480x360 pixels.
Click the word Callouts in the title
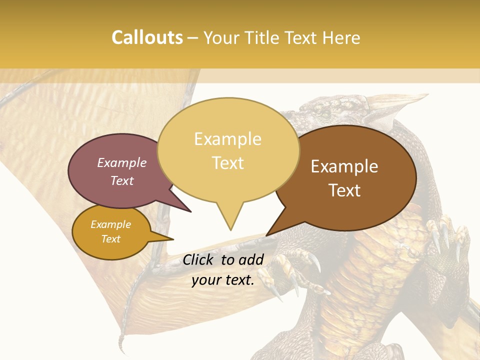(147, 37)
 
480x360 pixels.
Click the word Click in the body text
(199, 259)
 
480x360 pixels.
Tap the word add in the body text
(251, 259)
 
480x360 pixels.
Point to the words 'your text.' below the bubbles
(223, 279)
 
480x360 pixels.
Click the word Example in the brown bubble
(344, 166)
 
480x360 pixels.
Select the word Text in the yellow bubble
(228, 163)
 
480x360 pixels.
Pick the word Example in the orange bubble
(110, 224)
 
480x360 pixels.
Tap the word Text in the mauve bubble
(122, 181)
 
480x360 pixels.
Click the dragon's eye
(325, 116)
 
